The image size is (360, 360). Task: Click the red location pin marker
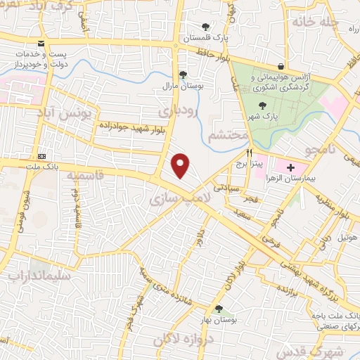181,165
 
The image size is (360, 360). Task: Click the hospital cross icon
290,167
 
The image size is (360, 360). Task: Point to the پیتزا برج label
268,163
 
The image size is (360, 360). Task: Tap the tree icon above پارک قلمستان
205,27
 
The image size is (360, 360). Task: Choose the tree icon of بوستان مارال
183,75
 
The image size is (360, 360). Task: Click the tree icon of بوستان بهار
219,309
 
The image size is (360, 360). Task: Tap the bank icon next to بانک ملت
41,155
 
